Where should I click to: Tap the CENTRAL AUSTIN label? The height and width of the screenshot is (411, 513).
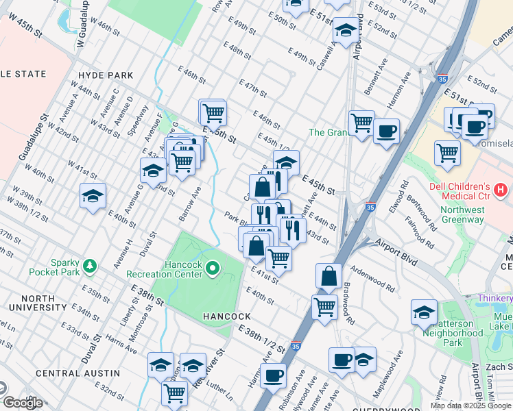[x=77, y=373]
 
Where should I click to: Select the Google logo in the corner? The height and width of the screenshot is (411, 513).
[x=22, y=403]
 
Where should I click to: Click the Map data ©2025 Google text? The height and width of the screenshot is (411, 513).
[x=470, y=406]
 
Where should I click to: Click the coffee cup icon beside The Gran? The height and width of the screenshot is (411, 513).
[x=387, y=130]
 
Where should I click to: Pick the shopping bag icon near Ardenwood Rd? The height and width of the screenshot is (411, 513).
[x=329, y=276]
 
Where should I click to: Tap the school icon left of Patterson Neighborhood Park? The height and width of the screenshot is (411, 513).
[x=425, y=312]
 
